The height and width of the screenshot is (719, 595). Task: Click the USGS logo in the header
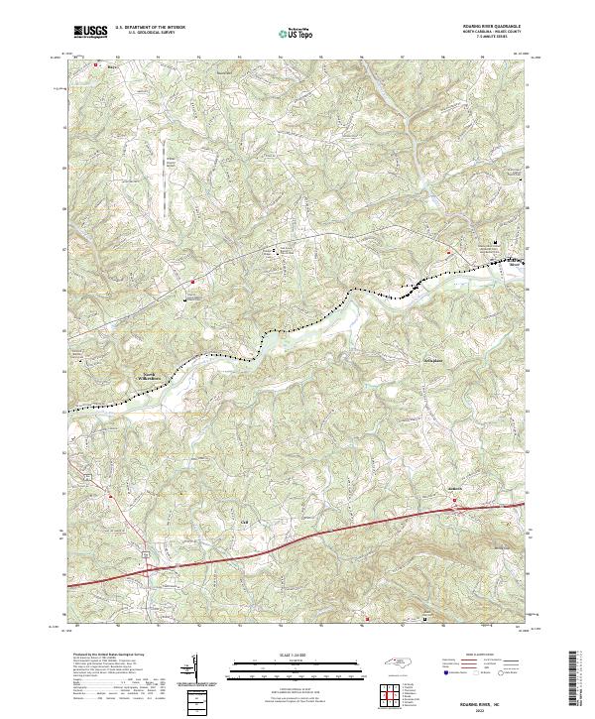[89, 32]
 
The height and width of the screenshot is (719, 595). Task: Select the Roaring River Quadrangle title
[492, 27]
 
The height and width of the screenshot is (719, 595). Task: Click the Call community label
[243, 515]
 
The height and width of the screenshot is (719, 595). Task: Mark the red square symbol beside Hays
[95, 65]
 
